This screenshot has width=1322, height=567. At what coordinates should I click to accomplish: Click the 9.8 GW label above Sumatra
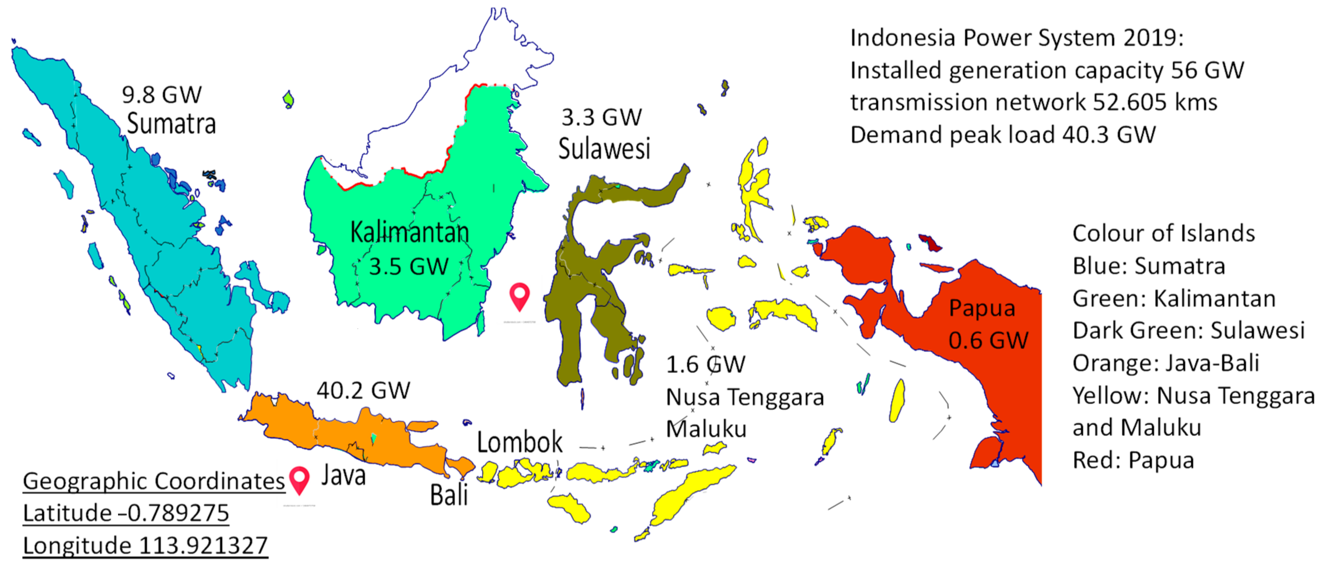click(x=162, y=95)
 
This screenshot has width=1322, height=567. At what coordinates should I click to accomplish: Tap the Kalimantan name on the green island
click(x=409, y=232)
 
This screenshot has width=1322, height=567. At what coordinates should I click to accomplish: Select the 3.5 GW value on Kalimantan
click(x=409, y=267)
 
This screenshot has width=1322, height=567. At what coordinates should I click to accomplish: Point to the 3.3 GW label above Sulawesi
click(x=602, y=118)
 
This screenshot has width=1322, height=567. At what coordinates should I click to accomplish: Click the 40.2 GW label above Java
click(x=363, y=391)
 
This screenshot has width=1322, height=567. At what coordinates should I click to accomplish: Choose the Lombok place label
click(x=519, y=442)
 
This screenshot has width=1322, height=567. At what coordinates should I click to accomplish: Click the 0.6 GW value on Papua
click(x=988, y=340)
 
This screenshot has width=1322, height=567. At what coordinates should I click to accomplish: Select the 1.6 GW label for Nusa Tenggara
click(x=706, y=365)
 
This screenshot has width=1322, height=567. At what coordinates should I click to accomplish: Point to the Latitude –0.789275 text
click(x=126, y=513)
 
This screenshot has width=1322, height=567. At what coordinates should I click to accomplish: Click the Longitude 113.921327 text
click(x=145, y=545)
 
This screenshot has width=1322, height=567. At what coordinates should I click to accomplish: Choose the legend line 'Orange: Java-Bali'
click(x=1166, y=363)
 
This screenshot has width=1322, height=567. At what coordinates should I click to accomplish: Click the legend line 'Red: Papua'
click(x=1133, y=460)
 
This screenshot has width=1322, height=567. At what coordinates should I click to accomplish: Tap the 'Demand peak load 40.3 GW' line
click(x=1003, y=135)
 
